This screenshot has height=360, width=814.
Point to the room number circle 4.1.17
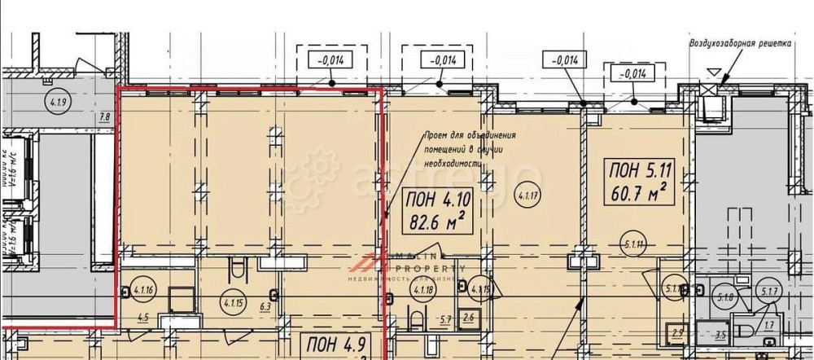click(x=525, y=195)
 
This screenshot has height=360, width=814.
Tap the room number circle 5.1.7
click(x=769, y=291)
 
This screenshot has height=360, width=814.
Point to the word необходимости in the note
click(x=452, y=163)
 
